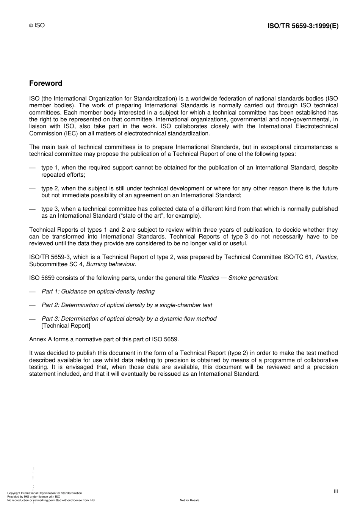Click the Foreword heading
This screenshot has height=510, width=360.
(45, 83)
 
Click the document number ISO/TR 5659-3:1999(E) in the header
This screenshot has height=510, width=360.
(303, 26)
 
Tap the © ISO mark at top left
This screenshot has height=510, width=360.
(37, 25)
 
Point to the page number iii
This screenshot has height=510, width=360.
(336, 491)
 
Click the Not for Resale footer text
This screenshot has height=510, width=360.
(189, 500)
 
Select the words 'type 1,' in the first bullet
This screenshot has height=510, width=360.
(50, 168)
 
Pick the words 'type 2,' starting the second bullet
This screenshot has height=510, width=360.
(50, 188)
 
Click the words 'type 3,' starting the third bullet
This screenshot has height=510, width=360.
(50, 209)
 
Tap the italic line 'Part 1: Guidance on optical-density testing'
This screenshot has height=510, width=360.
(98, 292)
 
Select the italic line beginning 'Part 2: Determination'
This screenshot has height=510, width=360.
(127, 305)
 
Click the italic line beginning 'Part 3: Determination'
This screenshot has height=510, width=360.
(129, 319)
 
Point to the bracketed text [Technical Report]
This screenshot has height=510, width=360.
(66, 326)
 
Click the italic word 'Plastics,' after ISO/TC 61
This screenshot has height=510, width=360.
(326, 257)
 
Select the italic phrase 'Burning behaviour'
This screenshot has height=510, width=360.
(111, 264)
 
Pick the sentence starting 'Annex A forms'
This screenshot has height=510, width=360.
(104, 339)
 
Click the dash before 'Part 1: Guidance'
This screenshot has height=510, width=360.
(32, 292)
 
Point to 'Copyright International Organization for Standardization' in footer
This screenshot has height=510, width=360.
(44, 493)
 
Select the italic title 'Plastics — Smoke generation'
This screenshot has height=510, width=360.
(238, 278)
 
